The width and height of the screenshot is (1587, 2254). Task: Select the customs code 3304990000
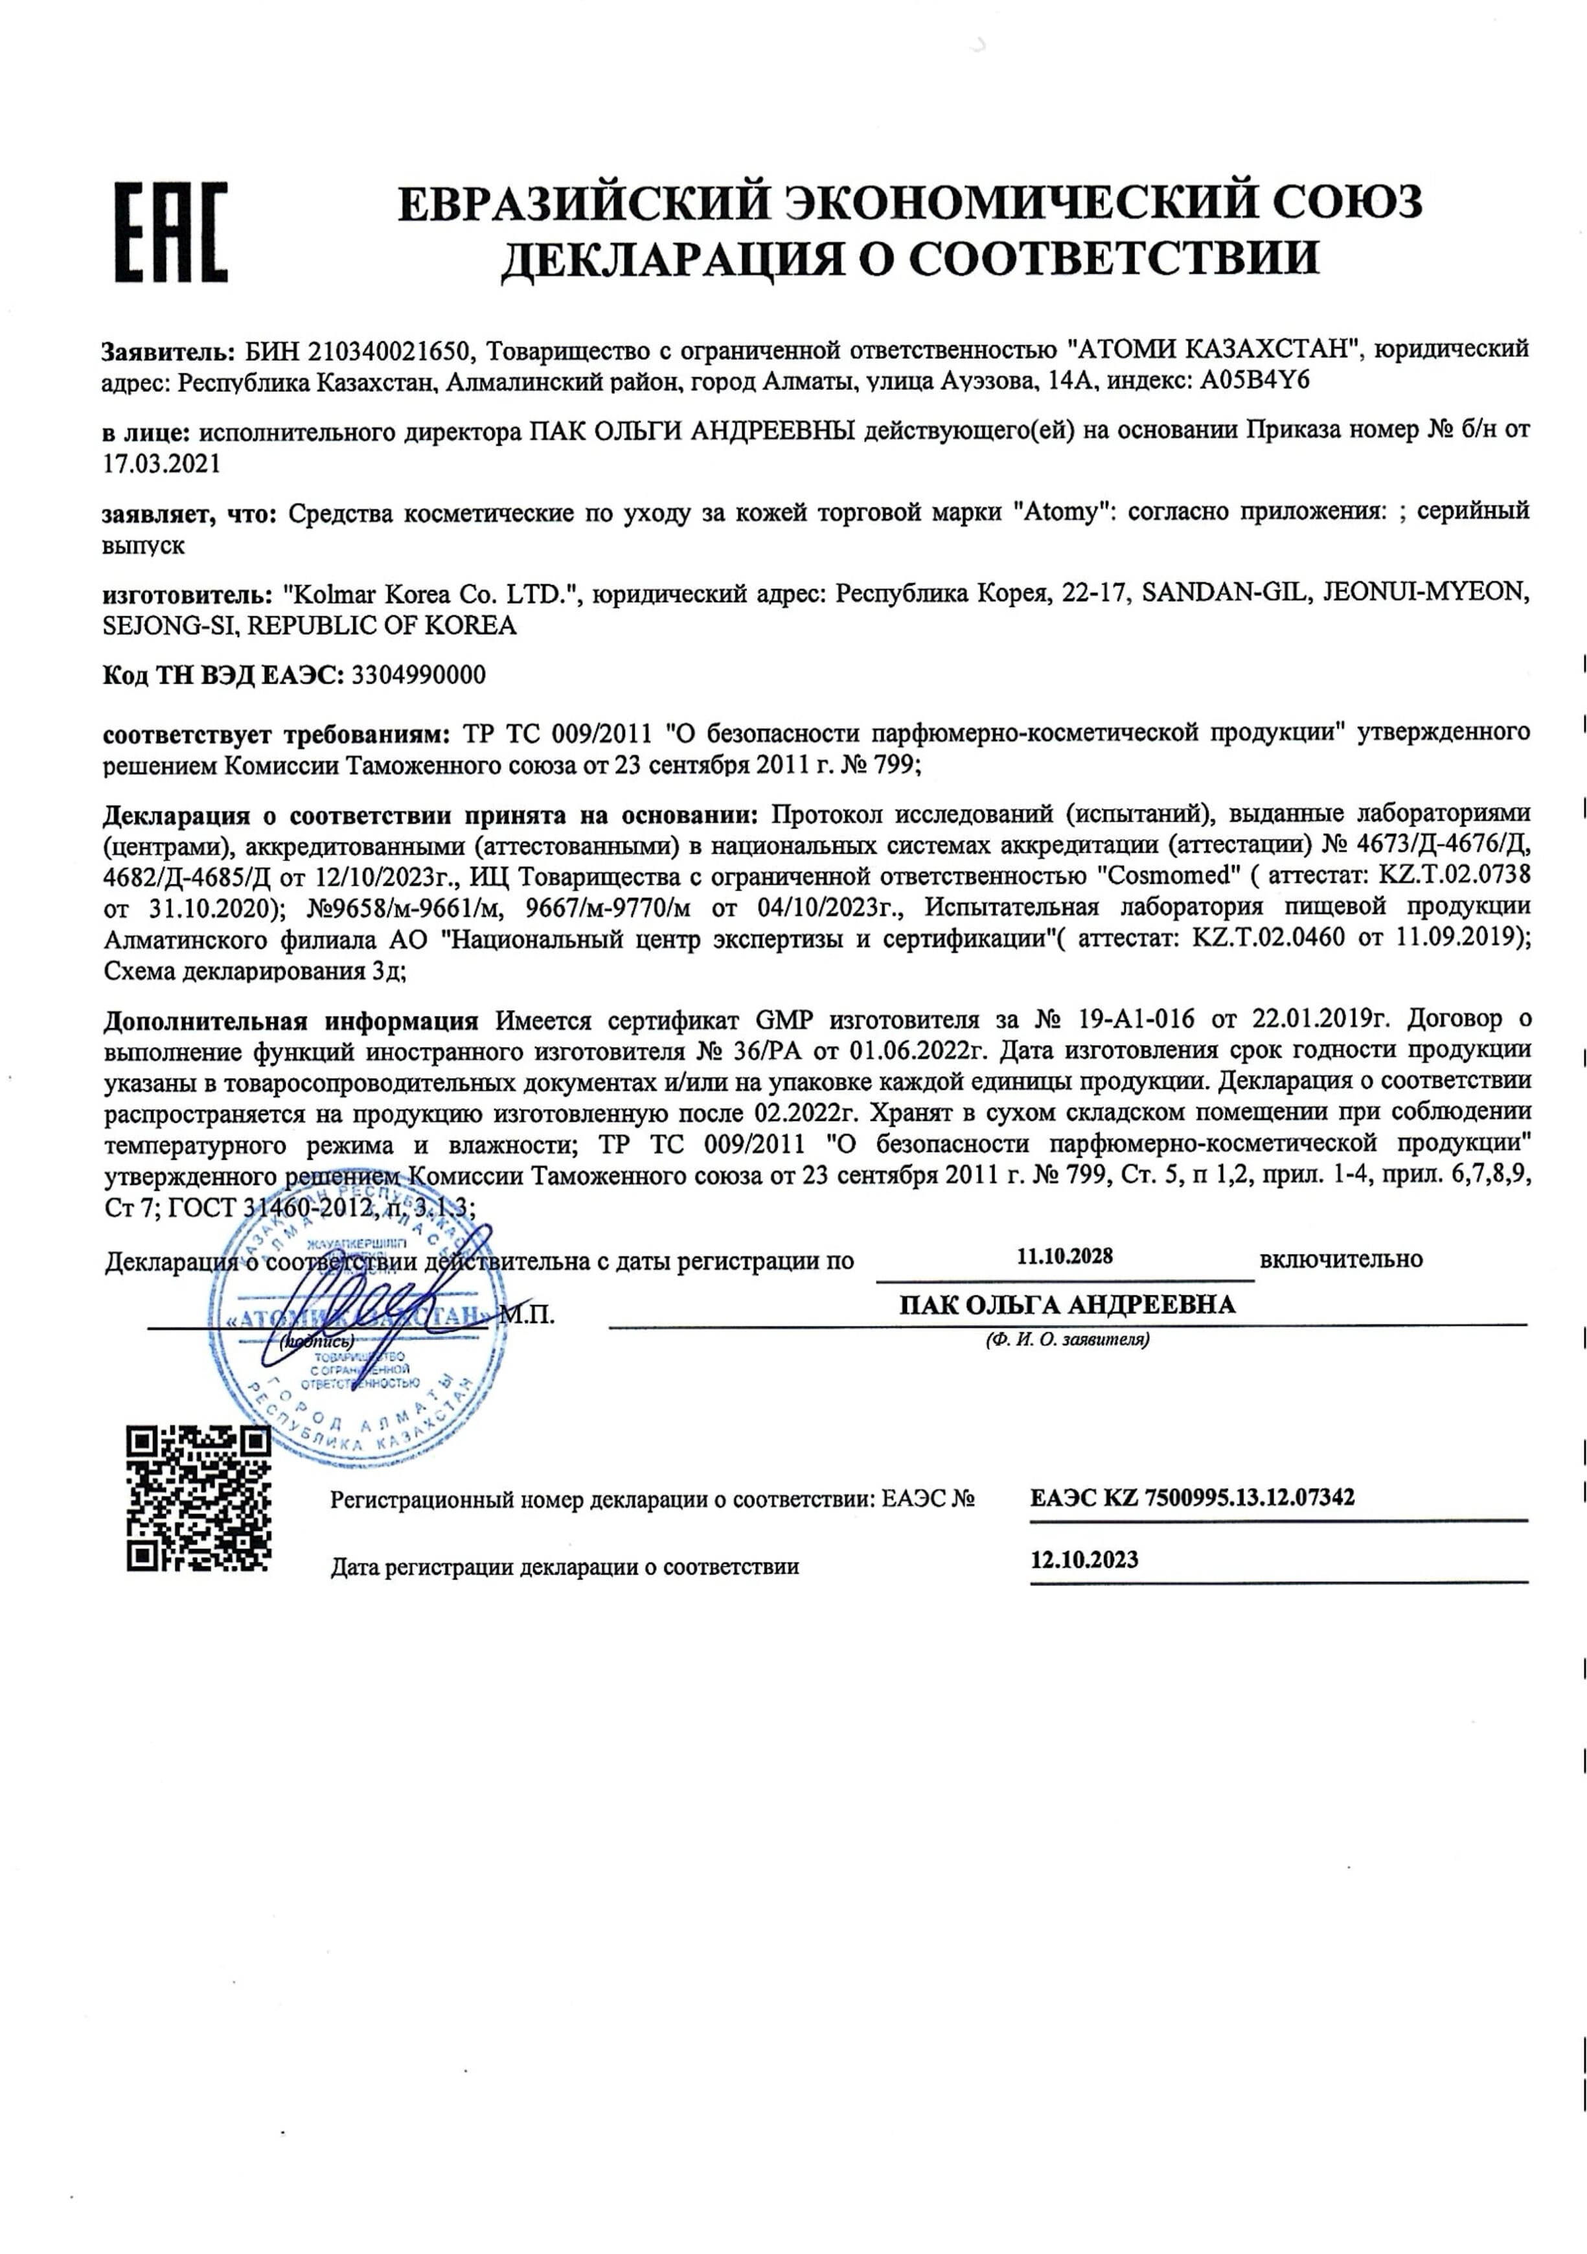pyautogui.click(x=417, y=675)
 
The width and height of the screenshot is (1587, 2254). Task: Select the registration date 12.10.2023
pyautogui.click(x=1084, y=1560)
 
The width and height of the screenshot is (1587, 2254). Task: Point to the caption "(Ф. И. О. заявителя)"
pyautogui.click(x=1067, y=1339)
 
